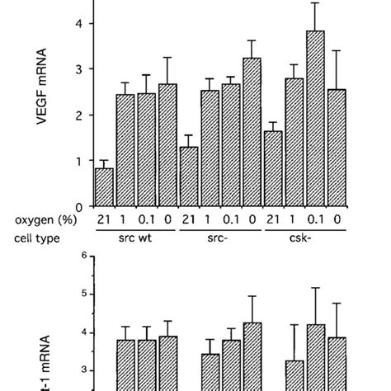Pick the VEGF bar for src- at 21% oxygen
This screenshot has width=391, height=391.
[x=189, y=177]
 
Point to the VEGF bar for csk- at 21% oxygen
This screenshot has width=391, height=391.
[x=273, y=169]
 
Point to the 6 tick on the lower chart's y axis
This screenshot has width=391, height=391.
[x=84, y=256]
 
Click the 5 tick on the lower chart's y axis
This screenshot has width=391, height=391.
[x=84, y=294]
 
